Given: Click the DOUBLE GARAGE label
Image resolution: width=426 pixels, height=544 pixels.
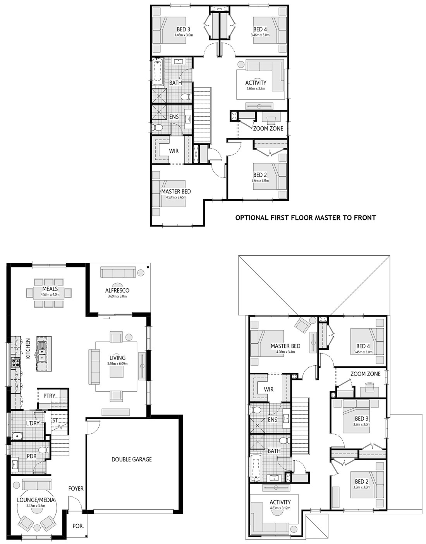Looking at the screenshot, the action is click(132, 460).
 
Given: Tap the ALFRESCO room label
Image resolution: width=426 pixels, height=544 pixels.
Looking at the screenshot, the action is click(117, 290).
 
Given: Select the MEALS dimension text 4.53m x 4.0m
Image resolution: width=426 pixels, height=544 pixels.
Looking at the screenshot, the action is click(50, 294).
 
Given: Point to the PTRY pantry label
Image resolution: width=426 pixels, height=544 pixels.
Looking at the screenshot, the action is click(49, 396).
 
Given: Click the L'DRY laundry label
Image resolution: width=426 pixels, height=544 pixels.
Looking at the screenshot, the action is click(33, 423).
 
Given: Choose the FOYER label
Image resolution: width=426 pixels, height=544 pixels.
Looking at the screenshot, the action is click(76, 489).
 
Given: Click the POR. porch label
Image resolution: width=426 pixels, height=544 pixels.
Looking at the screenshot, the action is click(78, 526).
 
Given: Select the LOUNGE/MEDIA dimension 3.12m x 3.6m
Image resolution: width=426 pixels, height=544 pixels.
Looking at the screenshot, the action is click(36, 506).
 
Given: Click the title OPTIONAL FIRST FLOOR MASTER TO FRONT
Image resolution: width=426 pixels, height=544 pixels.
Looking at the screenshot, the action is click(306, 218).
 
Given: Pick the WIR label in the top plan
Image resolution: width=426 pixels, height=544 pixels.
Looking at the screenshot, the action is click(174, 151).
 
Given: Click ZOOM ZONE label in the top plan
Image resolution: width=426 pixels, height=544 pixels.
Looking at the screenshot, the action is click(268, 129).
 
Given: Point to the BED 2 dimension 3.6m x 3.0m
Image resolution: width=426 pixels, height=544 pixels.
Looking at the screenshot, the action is click(260, 181).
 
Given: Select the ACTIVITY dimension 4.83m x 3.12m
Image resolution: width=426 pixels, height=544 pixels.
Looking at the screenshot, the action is click(280, 508).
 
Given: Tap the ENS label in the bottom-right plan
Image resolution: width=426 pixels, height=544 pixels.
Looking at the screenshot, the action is click(272, 419).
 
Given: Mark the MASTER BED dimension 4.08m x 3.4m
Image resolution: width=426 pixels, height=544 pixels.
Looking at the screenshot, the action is click(285, 352).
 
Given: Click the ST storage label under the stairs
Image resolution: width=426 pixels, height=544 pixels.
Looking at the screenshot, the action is click(55, 420).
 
